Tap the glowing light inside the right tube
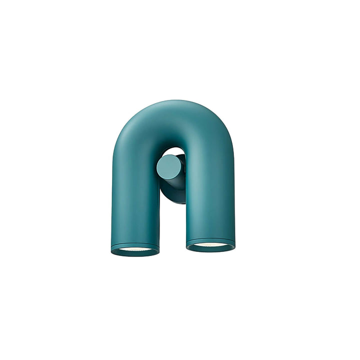pos(210,245)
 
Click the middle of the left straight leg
pos(134,200)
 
